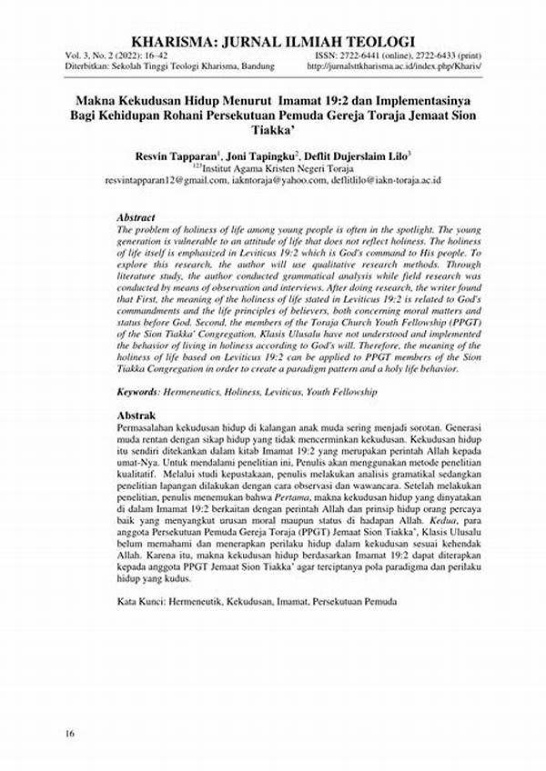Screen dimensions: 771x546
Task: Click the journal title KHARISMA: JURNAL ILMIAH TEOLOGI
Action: [273, 41]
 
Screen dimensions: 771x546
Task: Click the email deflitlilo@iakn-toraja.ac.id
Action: [383, 181]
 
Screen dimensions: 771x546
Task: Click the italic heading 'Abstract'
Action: [136, 218]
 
